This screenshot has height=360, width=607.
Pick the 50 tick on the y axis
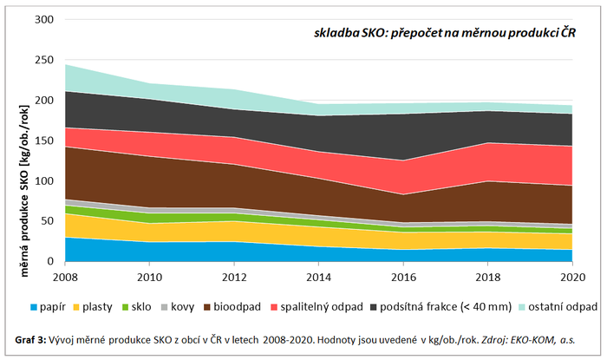[x=47, y=221]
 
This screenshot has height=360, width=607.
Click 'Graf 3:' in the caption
[x=31, y=338]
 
